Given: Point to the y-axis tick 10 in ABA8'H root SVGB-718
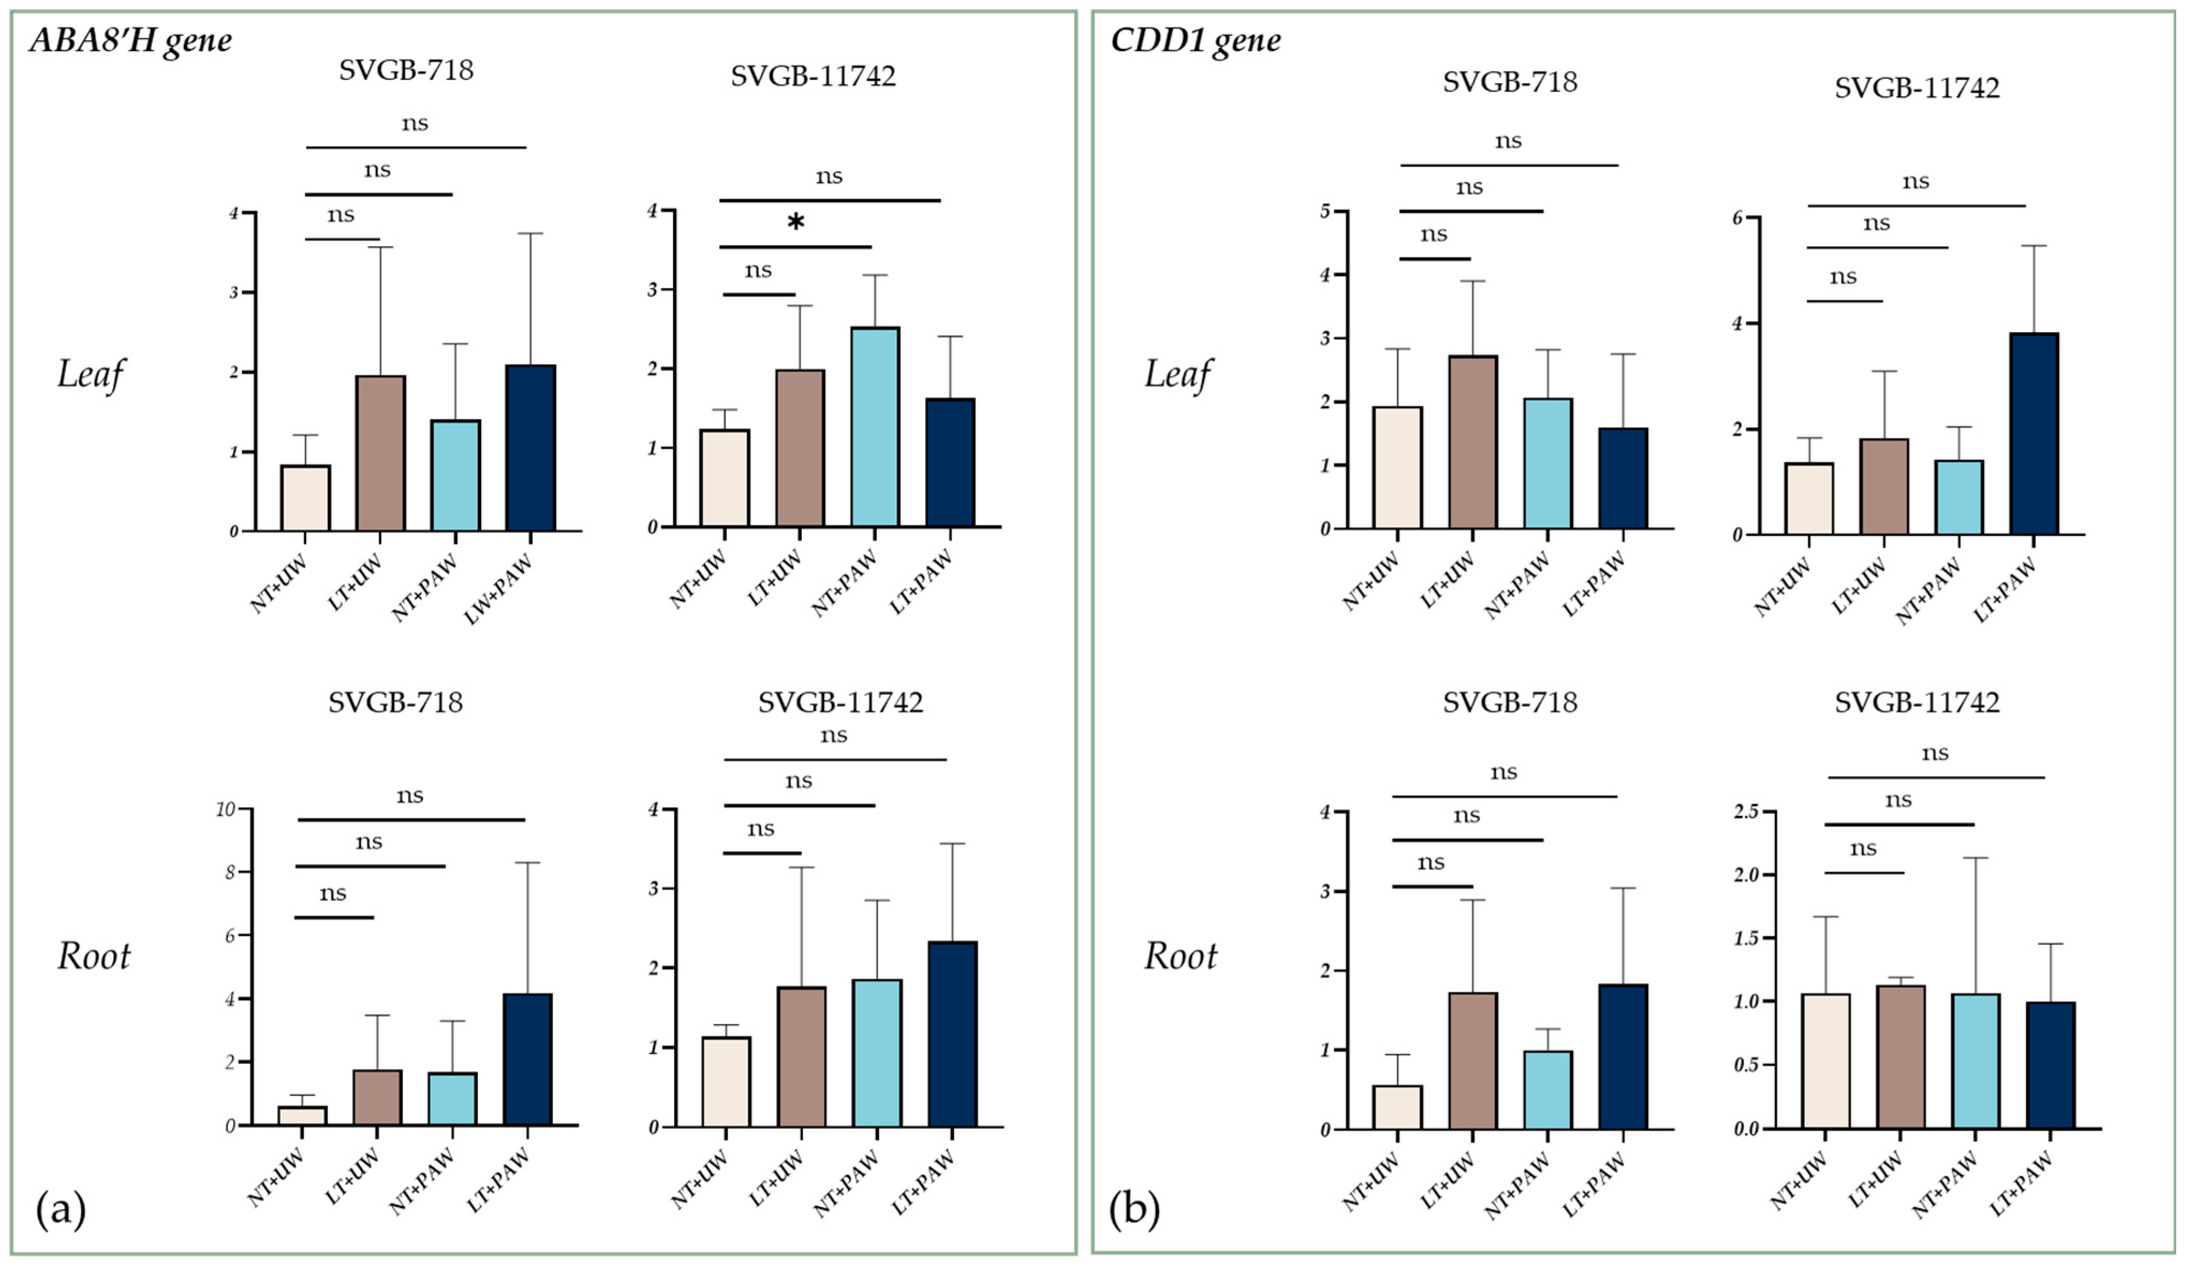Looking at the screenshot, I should [226, 809].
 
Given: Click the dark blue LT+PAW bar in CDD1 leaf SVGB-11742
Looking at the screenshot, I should [2033, 434].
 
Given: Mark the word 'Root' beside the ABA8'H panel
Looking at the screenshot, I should [94, 956].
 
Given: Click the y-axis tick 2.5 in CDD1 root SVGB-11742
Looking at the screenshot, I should [1746, 811].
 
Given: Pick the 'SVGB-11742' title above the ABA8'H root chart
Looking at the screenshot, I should [840, 703].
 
